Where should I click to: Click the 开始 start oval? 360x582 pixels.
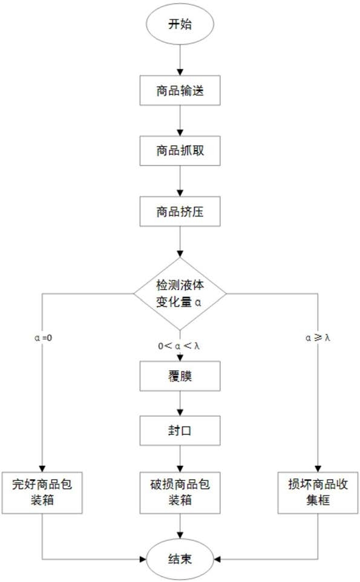click(180, 24)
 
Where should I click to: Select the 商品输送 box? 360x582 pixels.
click(180, 90)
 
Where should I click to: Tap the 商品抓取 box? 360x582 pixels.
click(180, 151)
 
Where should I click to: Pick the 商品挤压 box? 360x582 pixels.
click(180, 212)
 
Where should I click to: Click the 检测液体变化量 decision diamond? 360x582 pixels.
click(180, 294)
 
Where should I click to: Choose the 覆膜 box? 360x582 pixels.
click(180, 376)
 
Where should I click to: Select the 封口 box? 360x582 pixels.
click(180, 431)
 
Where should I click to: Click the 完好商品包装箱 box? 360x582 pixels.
click(42, 493)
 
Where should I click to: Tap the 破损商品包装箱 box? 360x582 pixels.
click(180, 493)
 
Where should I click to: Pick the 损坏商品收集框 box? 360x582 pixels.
click(318, 493)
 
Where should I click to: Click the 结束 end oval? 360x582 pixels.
click(180, 559)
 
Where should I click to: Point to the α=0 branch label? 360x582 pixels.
click(44, 338)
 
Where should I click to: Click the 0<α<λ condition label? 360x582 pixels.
click(179, 346)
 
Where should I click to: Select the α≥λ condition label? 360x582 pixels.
click(318, 338)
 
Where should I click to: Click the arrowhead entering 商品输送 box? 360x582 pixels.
click(180, 72)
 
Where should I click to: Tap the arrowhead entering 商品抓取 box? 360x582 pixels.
click(180, 132)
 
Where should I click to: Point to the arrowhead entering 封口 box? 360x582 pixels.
click(180, 413)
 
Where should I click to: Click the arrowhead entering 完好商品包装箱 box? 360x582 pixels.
click(42, 469)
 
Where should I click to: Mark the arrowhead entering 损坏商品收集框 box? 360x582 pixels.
click(318, 469)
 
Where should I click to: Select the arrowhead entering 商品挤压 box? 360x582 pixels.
click(180, 193)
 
